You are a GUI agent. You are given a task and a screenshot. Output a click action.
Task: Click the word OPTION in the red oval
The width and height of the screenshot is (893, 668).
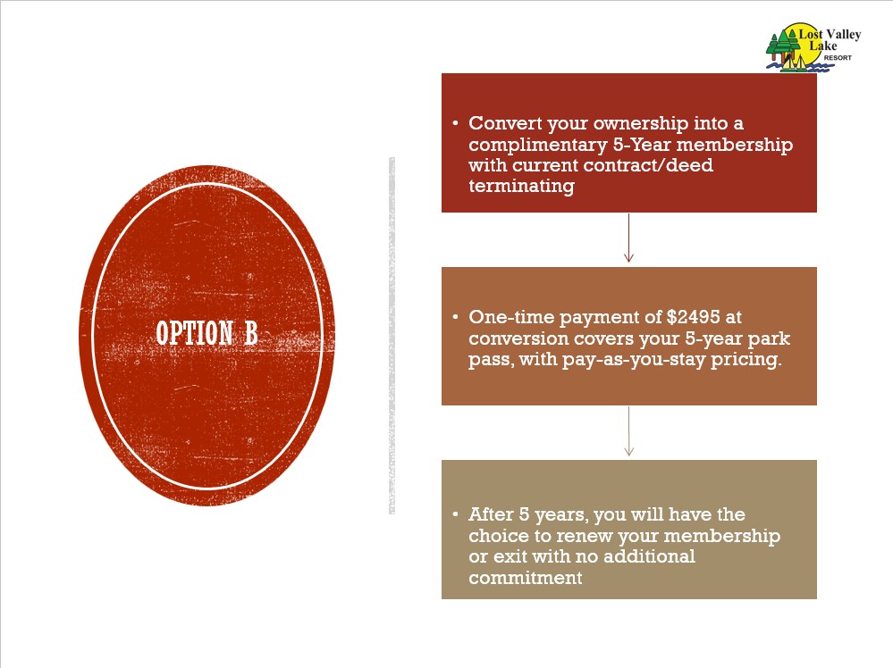tap(194, 333)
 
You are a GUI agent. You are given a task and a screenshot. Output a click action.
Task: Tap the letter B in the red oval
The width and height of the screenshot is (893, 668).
tap(251, 333)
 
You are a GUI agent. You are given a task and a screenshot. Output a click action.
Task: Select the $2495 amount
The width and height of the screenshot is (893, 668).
tap(693, 317)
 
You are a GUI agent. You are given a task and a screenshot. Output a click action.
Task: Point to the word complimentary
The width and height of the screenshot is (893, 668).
tap(537, 146)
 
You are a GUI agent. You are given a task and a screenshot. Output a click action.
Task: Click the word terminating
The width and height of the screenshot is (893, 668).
tap(522, 187)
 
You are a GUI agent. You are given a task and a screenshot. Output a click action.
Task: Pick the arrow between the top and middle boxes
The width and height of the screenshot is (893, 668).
tap(628, 238)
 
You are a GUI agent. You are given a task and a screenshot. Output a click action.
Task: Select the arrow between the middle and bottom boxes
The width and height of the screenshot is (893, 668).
tap(628, 430)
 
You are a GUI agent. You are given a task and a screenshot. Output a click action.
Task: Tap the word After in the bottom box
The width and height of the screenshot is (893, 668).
tap(491, 514)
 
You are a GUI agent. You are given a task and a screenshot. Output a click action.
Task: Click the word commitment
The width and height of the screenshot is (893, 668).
tap(525, 578)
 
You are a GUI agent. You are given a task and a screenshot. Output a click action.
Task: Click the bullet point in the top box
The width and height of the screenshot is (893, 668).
tap(456, 123)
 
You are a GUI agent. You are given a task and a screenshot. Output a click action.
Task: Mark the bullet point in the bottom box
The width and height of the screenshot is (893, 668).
tap(456, 514)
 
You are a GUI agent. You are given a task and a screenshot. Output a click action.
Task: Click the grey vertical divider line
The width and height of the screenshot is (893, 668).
tap(392, 336)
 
